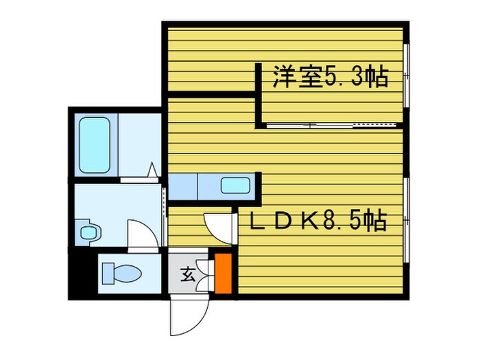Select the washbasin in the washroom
88,231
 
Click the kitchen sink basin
235,185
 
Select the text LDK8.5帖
317,221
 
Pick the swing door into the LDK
218,226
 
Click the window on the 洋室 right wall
406,75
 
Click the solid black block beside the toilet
83,273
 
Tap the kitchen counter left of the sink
183,185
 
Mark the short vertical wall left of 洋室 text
259,95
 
